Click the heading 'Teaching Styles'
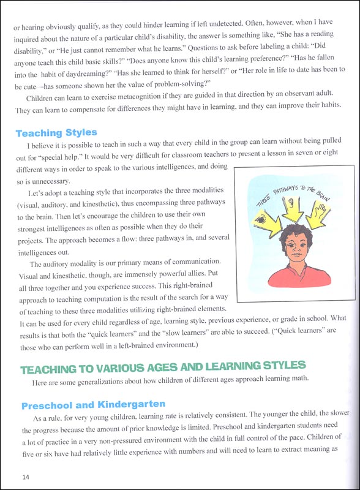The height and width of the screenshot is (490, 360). point(56,132)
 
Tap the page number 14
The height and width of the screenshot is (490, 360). point(25,477)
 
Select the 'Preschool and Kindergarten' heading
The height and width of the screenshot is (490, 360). point(93,405)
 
